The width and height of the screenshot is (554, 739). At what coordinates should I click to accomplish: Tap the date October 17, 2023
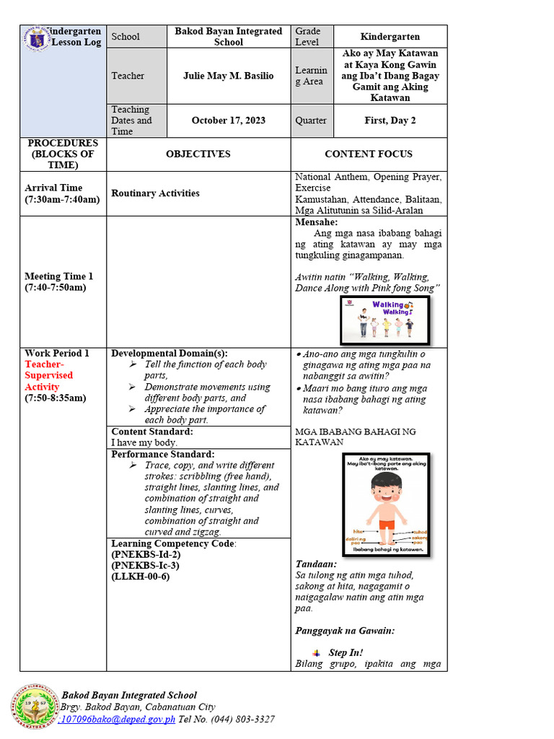click(x=228, y=121)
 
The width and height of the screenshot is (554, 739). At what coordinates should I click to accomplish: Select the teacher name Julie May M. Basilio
click(x=228, y=76)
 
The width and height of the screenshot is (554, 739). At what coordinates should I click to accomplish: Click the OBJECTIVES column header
click(x=198, y=154)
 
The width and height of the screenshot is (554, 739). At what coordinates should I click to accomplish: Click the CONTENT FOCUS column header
click(x=369, y=154)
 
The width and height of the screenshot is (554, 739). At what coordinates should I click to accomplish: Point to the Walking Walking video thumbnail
click(x=384, y=320)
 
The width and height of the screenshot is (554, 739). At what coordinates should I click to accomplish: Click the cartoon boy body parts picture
click(x=385, y=504)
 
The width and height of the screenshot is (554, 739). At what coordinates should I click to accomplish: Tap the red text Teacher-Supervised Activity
click(x=49, y=375)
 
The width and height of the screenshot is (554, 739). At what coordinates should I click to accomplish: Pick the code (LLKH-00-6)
click(x=141, y=577)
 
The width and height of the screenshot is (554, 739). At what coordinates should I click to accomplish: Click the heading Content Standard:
click(x=152, y=432)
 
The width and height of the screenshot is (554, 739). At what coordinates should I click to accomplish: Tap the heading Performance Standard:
click(x=162, y=454)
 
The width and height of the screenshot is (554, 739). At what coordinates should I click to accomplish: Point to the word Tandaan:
click(x=317, y=564)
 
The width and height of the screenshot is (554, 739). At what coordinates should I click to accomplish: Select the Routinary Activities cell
click(x=155, y=193)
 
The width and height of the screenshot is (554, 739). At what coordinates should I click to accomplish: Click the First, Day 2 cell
click(x=390, y=121)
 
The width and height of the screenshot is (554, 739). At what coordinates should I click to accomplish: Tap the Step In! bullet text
click(x=346, y=652)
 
